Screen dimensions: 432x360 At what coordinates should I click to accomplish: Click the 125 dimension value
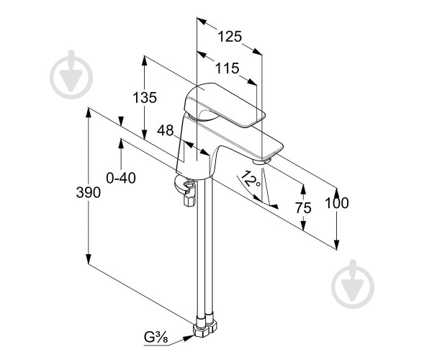pos(230,37)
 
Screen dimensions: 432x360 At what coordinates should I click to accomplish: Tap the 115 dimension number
pos(227,68)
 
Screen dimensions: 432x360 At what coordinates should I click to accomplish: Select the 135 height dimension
pos(145,97)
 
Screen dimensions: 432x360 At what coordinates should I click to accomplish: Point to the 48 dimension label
pos(166,130)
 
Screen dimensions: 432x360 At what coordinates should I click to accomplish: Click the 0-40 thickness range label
pos(121,178)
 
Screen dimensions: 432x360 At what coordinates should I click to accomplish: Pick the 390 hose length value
pos(89,192)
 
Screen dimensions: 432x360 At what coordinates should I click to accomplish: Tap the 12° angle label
pos(250,180)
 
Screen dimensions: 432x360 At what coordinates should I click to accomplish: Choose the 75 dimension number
pos(303,208)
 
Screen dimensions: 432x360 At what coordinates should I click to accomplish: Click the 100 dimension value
pos(337,203)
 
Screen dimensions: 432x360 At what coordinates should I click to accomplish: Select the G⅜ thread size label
pos(156,337)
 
